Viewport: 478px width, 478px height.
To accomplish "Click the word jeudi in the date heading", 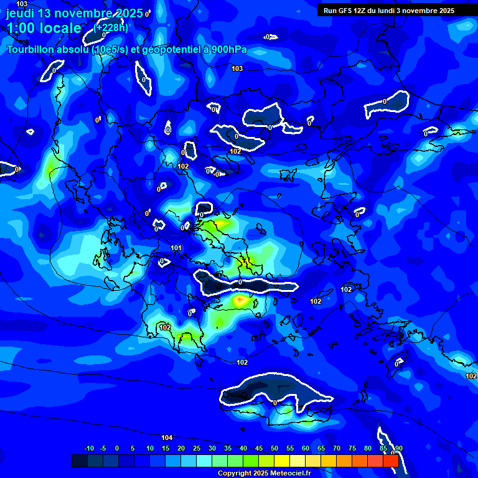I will pos(21,14).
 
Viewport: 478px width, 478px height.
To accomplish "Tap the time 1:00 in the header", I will pos(22,29).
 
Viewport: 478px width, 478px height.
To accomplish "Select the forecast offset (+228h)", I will pos(111,27).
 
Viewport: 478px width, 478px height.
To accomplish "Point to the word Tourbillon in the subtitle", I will pos(30,50).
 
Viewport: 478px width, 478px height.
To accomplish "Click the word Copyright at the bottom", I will pos(234,474).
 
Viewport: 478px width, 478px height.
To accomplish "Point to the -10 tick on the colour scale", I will pos(88,449).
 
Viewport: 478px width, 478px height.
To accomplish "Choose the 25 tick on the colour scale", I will pos(197,449).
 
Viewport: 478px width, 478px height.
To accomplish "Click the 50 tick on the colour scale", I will pos(274,449).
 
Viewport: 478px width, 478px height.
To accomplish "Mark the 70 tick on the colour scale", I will pos(337,449).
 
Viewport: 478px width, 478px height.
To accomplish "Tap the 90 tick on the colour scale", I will pos(398,449).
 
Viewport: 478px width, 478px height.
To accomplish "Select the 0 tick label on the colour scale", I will pos(117,449).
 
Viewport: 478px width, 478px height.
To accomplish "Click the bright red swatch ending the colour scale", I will pos(390,461).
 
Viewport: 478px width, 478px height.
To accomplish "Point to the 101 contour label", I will pos(176,248).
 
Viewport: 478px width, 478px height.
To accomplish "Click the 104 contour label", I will pos(167,438).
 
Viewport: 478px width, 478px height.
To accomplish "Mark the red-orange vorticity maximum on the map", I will pos(240,301).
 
